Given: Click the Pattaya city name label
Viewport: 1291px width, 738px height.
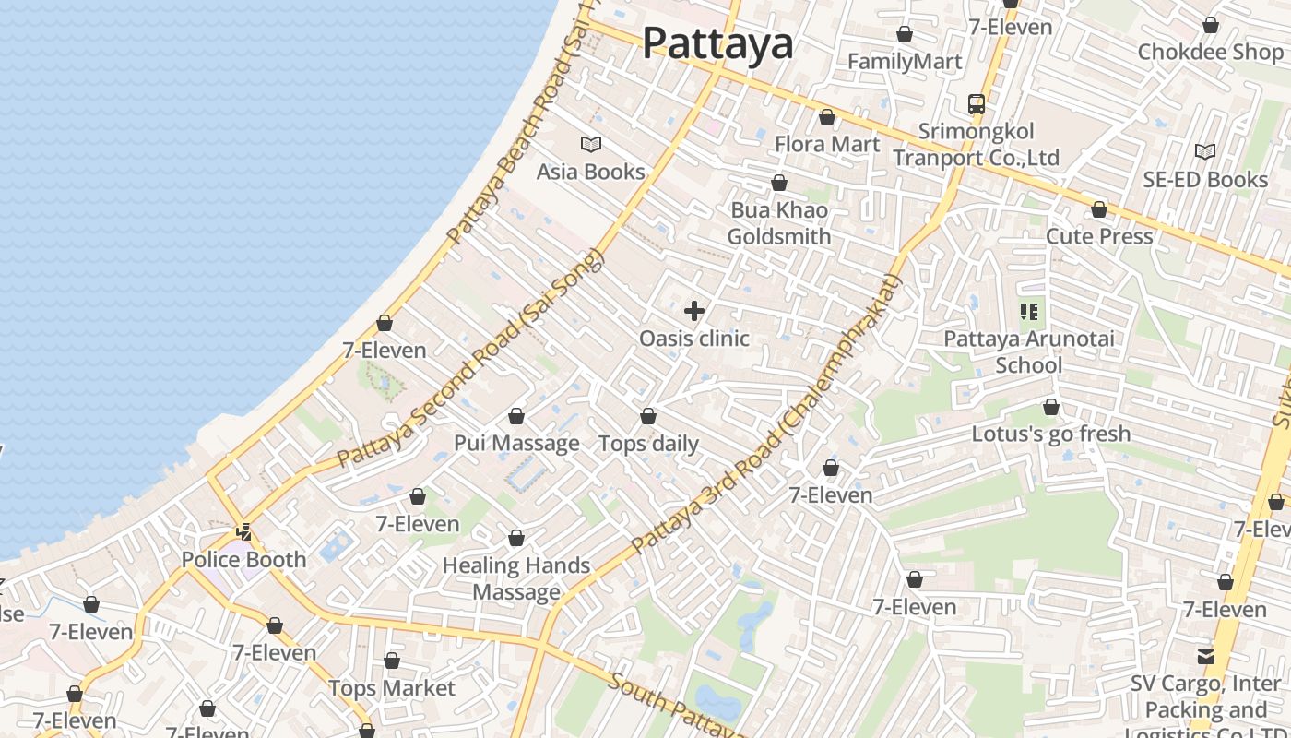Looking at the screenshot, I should [x=717, y=43].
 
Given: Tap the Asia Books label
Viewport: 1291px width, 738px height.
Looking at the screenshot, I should [x=591, y=172].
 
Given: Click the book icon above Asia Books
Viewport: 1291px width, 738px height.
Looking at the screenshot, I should [x=591, y=144].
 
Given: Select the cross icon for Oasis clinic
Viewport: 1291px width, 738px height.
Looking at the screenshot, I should [x=694, y=311].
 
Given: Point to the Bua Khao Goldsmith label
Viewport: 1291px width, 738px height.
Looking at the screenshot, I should [x=779, y=223].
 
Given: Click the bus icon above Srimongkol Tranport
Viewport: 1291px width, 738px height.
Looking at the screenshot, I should [x=977, y=103].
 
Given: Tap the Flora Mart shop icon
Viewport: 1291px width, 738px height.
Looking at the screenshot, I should [x=827, y=118].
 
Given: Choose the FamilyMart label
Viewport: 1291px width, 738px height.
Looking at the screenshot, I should [x=905, y=62].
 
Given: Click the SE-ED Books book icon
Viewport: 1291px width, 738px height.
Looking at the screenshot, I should [x=1205, y=151].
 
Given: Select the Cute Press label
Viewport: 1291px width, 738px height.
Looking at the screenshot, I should [x=1099, y=236].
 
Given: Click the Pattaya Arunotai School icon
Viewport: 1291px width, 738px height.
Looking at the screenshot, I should [x=1029, y=312].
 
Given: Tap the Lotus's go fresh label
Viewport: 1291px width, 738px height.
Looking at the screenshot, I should [x=1051, y=434].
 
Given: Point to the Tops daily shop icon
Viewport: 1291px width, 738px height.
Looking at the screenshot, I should [x=648, y=417].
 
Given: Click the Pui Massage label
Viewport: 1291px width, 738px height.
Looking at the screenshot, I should [x=516, y=444].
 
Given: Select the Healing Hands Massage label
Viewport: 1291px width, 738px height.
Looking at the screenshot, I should [x=516, y=578].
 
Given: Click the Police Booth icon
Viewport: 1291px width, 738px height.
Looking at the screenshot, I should [x=244, y=532].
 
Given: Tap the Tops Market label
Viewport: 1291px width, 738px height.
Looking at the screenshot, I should [x=392, y=688].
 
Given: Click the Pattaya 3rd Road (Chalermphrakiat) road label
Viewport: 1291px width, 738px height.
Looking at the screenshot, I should [x=765, y=415].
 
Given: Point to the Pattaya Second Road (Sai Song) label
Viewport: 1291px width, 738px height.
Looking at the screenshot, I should [x=470, y=360].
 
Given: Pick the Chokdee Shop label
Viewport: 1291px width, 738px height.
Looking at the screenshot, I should [x=1210, y=52].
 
